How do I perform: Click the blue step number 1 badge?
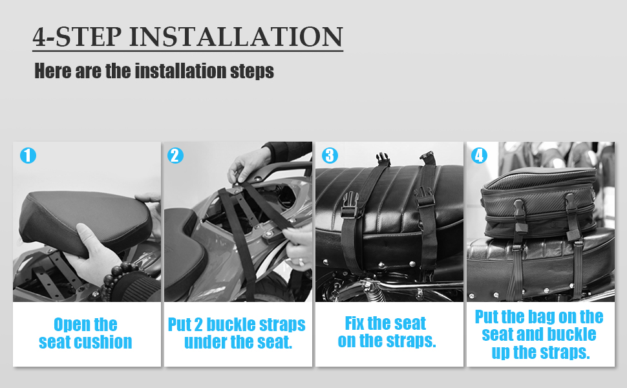(x=28, y=156)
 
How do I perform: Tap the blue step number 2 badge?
(x=176, y=156)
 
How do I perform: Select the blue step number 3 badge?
(x=330, y=156)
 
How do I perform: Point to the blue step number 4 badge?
(x=479, y=156)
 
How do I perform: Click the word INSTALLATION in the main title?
(x=237, y=37)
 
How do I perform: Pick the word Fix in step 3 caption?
(x=354, y=323)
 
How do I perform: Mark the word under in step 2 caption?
(x=205, y=342)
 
